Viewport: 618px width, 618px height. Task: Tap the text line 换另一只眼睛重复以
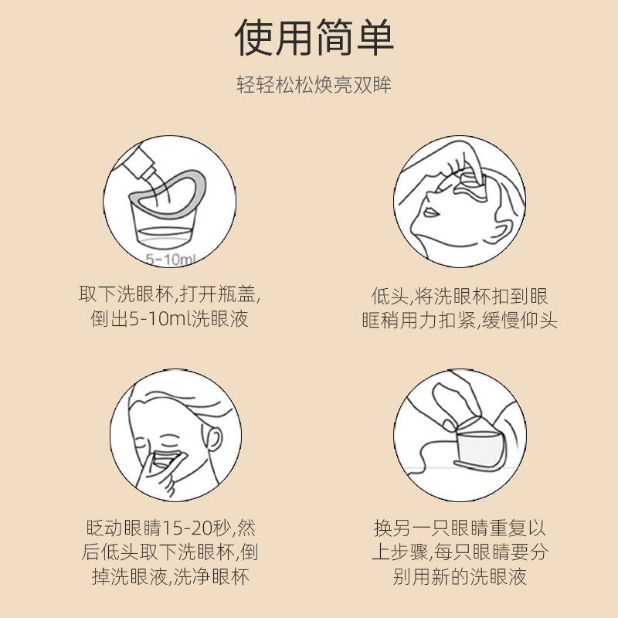(460, 529)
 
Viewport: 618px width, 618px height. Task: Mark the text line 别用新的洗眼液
(460, 577)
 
